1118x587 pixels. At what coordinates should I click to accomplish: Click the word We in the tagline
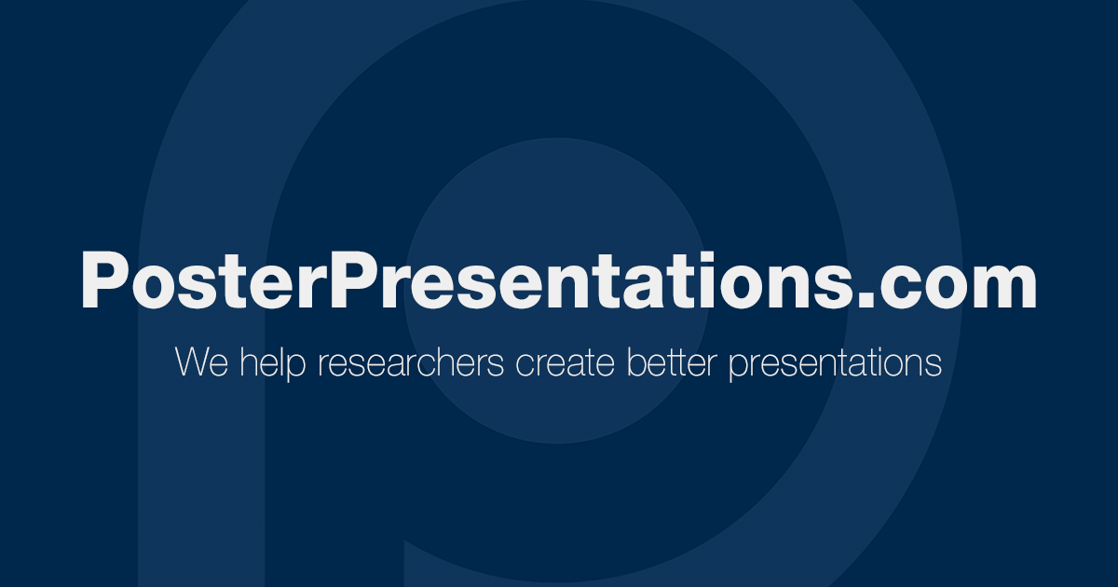201,362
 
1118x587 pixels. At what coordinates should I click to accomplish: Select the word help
272,363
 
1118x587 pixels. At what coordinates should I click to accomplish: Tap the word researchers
411,362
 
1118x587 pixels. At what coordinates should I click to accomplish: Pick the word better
672,362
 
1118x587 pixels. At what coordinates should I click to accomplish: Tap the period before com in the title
868,300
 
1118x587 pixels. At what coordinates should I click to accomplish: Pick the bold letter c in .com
899,287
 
